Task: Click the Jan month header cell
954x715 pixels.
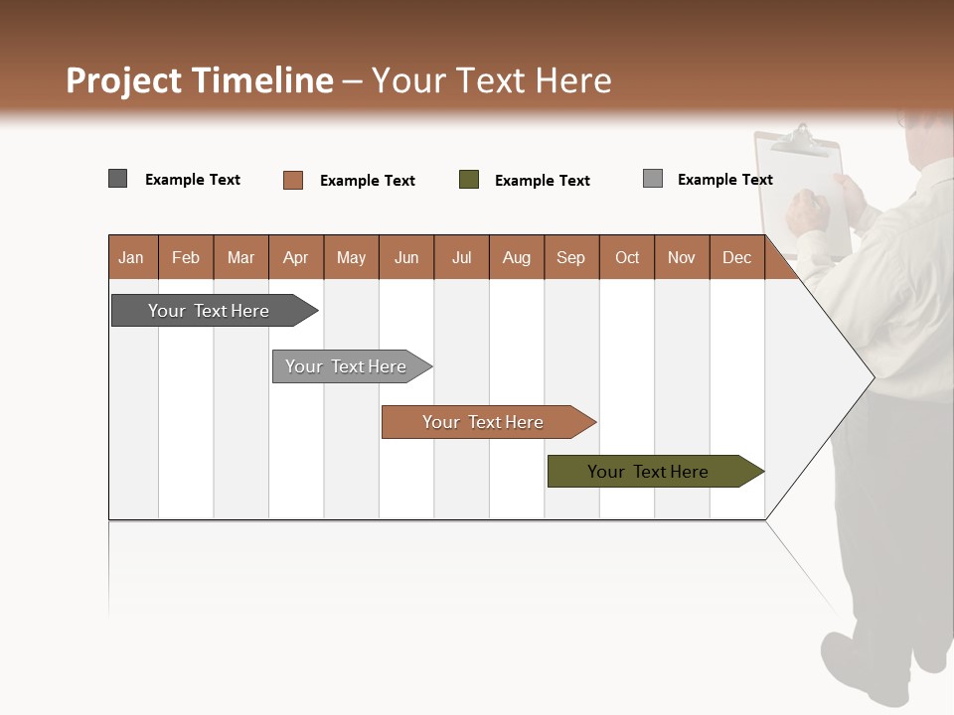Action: coord(132,257)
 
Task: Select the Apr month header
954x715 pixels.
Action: coord(296,257)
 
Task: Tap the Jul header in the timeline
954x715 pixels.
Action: coord(461,257)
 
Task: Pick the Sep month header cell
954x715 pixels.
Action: coord(570,257)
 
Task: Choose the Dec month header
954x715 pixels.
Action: coord(736,257)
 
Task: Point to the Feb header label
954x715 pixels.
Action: coord(186,257)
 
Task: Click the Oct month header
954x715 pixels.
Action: coord(627,257)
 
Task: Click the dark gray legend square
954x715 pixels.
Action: coord(117,179)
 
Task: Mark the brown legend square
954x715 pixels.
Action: coord(292,180)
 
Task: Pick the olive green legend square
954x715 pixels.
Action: coord(469,180)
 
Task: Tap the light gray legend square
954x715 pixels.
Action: coord(653,179)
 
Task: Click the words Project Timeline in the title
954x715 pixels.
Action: coord(200,80)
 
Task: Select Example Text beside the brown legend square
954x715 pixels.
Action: coord(368,181)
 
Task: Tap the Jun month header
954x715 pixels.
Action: coord(406,257)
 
